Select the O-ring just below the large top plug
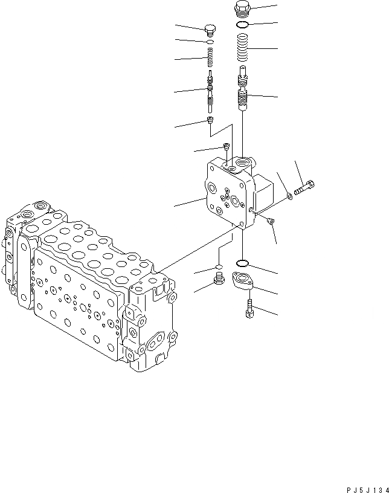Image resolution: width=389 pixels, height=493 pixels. pyautogui.click(x=242, y=25)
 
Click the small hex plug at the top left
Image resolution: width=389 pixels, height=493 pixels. pyautogui.click(x=210, y=30)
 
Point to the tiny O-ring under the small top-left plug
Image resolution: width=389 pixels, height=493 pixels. pyautogui.click(x=210, y=42)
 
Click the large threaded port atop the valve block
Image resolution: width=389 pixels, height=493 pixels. pyautogui.click(x=245, y=162)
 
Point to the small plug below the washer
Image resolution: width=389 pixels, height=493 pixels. pyautogui.click(x=271, y=222)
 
